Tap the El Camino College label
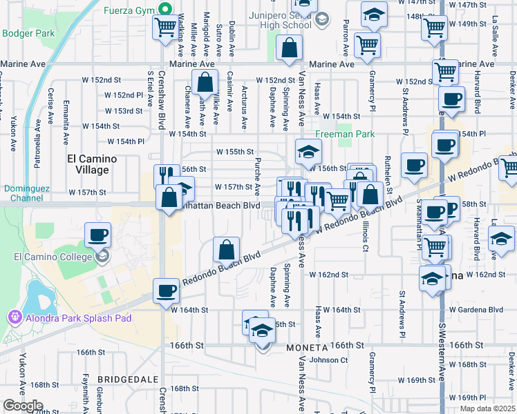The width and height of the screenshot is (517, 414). pos(53,257)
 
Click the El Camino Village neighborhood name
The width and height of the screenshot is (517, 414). pos(88,164)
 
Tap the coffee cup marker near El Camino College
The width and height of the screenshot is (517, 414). pos(97,235)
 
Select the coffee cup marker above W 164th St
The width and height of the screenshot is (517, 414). pos(165,291)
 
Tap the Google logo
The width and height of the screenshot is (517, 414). pos(23,406)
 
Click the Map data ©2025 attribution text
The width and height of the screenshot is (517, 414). pos(488,408)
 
